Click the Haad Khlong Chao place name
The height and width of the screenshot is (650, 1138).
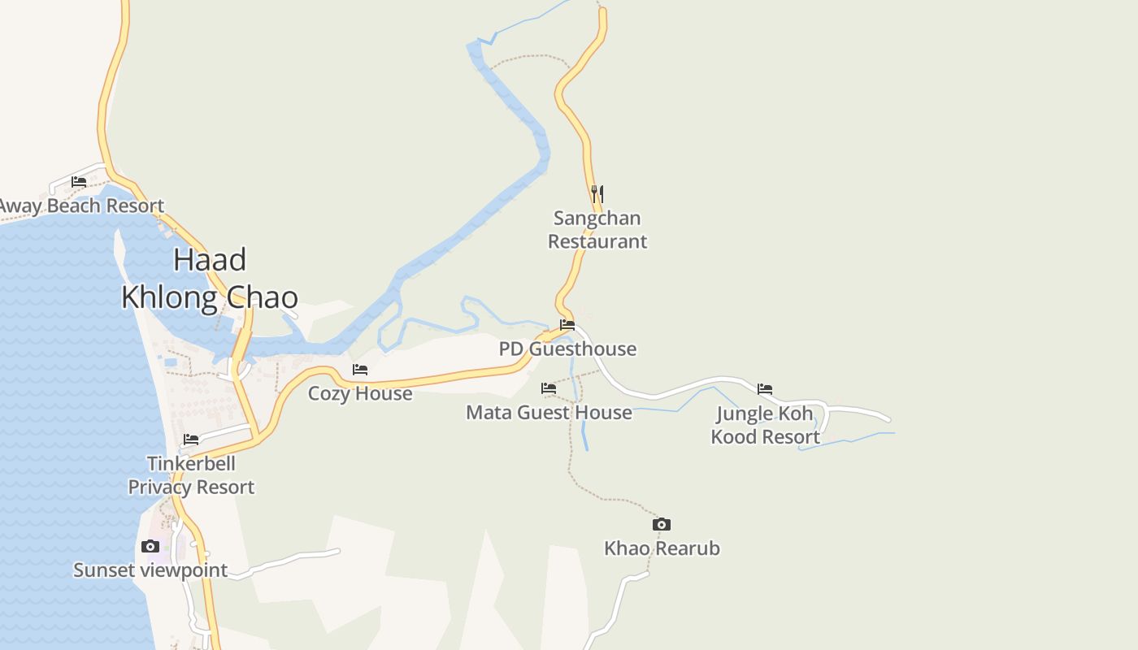210,279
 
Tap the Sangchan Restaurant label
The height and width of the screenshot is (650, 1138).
597,229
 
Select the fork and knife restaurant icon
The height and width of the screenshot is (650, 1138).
597,193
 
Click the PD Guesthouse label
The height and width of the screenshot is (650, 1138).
567,349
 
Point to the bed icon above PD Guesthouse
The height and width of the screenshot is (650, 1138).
567,325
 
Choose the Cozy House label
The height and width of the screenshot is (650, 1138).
360,393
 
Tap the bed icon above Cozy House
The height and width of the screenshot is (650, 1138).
360,370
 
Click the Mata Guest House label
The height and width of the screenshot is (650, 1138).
549,412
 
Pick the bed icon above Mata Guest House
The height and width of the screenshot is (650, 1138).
549,388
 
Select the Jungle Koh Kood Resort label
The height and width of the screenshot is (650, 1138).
765,425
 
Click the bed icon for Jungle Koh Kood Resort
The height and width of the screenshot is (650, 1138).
765,389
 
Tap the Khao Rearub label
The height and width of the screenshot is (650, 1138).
662,548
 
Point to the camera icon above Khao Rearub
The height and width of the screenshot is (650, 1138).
662,525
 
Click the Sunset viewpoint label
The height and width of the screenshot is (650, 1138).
150,570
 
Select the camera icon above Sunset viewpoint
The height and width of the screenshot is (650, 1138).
150,546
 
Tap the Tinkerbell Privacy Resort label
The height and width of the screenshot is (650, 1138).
191,474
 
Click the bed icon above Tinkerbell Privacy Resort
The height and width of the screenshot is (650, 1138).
191,440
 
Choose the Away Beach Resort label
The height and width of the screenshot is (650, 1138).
81,206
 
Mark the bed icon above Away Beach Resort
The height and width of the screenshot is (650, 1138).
79,182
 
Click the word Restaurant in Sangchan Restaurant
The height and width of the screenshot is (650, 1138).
597,241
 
